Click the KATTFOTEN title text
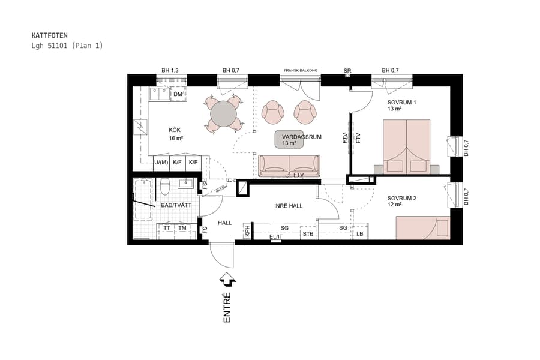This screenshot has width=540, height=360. click(50, 35)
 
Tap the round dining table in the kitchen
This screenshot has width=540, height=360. click(223, 113)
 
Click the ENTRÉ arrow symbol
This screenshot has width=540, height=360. click(228, 279)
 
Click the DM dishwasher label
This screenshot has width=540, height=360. click(178, 95)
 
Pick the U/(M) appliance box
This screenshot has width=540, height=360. click(161, 163)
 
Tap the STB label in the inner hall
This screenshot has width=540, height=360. click(308, 233)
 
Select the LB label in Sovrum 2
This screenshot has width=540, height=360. click(360, 233)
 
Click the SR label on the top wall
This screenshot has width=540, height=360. click(347, 71)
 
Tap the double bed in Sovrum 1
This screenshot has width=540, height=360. click(407, 146)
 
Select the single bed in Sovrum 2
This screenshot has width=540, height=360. click(422, 228)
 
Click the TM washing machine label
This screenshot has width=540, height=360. click(182, 228)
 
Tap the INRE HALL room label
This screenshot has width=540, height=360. click(288, 206)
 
